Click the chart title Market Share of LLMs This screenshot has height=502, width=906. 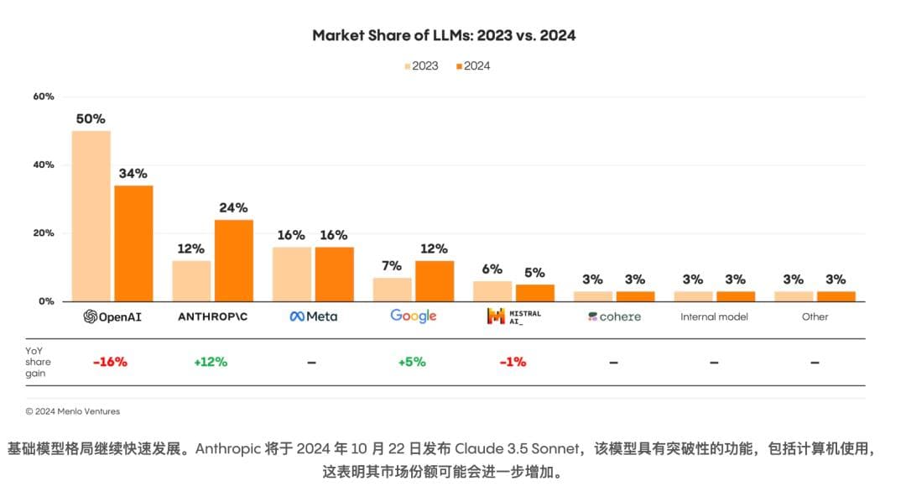(x=444, y=35)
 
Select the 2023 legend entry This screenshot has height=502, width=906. (x=421, y=65)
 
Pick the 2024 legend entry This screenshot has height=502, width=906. (x=473, y=65)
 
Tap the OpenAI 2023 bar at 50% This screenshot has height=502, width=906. (x=91, y=216)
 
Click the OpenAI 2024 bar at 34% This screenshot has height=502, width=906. (x=133, y=243)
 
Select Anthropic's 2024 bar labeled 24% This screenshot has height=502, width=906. (x=233, y=260)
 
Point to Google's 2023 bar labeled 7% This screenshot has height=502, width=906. (x=392, y=289)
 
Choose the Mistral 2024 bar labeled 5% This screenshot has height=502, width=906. (x=534, y=292)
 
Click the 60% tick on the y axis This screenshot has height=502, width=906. (x=44, y=97)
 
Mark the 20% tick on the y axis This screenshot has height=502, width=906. (x=44, y=233)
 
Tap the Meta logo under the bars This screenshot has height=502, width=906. (x=314, y=316)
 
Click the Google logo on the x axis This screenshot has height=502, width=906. (x=414, y=316)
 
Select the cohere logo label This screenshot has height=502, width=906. (x=614, y=316)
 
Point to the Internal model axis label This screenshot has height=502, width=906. (x=714, y=316)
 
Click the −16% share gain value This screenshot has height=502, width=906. (x=110, y=362)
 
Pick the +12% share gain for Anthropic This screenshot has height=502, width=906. (x=211, y=362)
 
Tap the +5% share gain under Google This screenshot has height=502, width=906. (x=411, y=362)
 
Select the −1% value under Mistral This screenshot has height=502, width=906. (x=512, y=362)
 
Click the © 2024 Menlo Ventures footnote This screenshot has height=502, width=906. (x=73, y=411)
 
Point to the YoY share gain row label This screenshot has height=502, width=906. (x=39, y=362)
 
